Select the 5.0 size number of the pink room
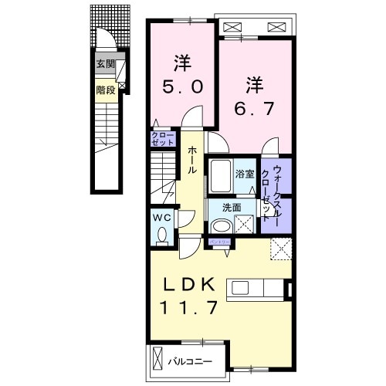(x=183, y=87)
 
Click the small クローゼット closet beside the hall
(x=163, y=140)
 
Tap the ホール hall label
(x=191, y=157)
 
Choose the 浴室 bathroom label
(x=245, y=174)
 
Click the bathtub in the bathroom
(x=220, y=178)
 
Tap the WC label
(x=161, y=217)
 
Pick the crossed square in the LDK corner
(x=280, y=249)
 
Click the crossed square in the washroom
(x=246, y=225)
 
